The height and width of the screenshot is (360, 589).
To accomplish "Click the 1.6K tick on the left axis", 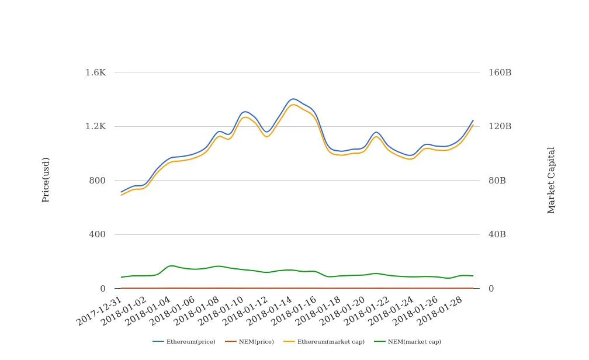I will coord(95,72).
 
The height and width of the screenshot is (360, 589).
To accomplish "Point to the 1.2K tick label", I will coord(95,126).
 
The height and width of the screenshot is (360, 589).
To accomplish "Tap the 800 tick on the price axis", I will coord(97,181).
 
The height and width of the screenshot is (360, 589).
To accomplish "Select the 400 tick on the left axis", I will coord(97,234).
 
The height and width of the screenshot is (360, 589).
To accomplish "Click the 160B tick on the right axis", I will coord(500,72).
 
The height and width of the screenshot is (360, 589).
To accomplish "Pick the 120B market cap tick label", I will coord(500,126).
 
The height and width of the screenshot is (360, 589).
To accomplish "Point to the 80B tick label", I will coord(497,181).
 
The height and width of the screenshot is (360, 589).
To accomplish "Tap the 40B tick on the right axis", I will coord(497,234).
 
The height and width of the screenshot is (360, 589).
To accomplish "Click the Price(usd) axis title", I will coord(46,180).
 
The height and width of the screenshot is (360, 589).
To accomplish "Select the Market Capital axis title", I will coord(551,180).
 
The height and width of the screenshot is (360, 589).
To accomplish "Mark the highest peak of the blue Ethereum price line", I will coord(293,99).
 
